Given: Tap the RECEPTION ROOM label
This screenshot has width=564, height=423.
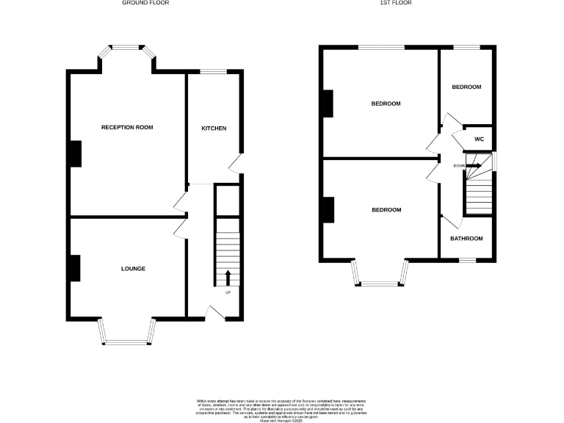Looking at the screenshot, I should pos(127,128).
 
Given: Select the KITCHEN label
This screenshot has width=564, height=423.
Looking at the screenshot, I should pos(214,129).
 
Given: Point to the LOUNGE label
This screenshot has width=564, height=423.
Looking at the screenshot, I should pos(133,269).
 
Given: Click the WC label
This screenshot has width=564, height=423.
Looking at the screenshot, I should pos(479,139).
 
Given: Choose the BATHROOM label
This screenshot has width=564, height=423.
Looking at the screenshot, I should pos(466,239).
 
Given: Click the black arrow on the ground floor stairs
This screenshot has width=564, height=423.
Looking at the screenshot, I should pos(227,278).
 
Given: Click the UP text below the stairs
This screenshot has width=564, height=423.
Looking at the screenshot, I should pos(227,292).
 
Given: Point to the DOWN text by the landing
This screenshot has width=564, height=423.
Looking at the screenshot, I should pos(459,166).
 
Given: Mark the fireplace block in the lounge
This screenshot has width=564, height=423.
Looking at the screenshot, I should pos(75,267).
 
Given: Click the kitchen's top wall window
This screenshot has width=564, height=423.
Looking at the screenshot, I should pos(214,71).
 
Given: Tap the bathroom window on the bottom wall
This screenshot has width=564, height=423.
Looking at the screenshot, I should pos(467,260).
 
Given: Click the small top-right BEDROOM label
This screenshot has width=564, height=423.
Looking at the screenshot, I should pos(466,87).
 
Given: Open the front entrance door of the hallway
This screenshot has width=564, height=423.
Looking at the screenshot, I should pos(214,314).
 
